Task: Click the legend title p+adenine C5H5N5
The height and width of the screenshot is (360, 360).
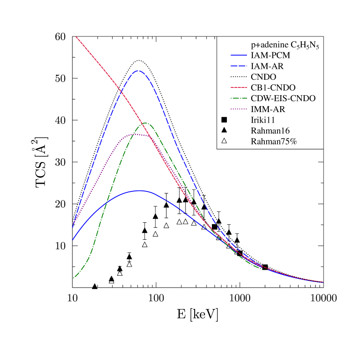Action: click(284, 46)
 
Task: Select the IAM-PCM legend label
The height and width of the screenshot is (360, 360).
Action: click(270, 55)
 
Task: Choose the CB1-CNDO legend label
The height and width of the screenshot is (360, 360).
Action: click(273, 87)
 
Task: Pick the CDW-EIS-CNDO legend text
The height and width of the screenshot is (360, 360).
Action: click(283, 98)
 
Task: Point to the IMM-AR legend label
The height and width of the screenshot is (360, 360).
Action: click(267, 109)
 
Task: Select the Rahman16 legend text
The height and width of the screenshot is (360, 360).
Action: click(268, 130)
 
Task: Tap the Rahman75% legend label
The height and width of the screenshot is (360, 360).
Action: click(273, 141)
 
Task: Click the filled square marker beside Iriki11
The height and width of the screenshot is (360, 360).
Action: click(224, 120)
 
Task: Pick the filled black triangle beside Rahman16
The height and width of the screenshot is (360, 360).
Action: click(224, 130)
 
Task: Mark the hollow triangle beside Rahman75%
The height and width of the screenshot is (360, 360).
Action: click(224, 141)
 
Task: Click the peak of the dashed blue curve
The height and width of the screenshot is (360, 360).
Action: click(139, 71)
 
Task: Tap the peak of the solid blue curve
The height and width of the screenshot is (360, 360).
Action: click(139, 190)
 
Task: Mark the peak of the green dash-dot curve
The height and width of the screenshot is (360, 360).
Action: click(145, 123)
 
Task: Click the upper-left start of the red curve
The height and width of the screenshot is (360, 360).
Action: click(76, 36)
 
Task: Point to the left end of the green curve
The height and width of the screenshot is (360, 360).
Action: click(73, 278)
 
